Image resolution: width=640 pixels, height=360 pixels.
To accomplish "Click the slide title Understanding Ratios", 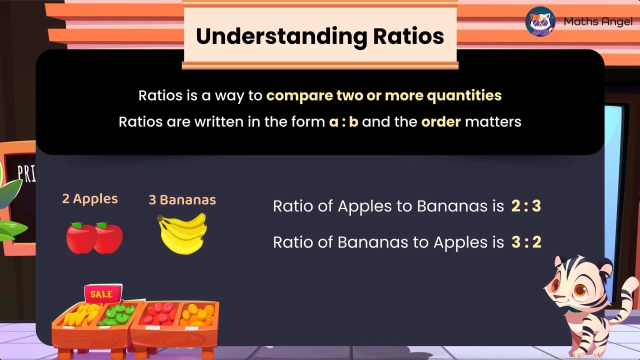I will click(x=320, y=36).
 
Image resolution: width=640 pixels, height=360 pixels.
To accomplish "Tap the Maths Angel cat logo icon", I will click(x=540, y=21).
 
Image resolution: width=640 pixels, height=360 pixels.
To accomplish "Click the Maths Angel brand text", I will click(x=597, y=22).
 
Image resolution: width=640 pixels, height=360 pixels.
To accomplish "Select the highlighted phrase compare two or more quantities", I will click(x=383, y=95).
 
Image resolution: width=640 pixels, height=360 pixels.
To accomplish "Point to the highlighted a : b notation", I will click(x=343, y=121).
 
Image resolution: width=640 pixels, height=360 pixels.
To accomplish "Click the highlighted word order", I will click(x=440, y=121).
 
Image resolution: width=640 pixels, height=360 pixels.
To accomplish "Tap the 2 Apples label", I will click(x=90, y=199).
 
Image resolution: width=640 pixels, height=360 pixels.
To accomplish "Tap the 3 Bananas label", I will click(x=182, y=200).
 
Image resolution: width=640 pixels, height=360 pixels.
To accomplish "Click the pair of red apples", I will click(x=94, y=238).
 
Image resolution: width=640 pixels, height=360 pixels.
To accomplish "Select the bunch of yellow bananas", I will click(x=182, y=233).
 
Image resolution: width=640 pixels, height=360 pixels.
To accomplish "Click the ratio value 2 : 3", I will click(x=526, y=206).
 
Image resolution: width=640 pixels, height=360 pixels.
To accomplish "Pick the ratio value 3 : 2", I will click(x=526, y=242).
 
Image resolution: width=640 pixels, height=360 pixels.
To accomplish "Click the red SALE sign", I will click(x=102, y=294).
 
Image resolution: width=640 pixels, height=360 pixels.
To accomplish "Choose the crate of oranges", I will click(x=198, y=315).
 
